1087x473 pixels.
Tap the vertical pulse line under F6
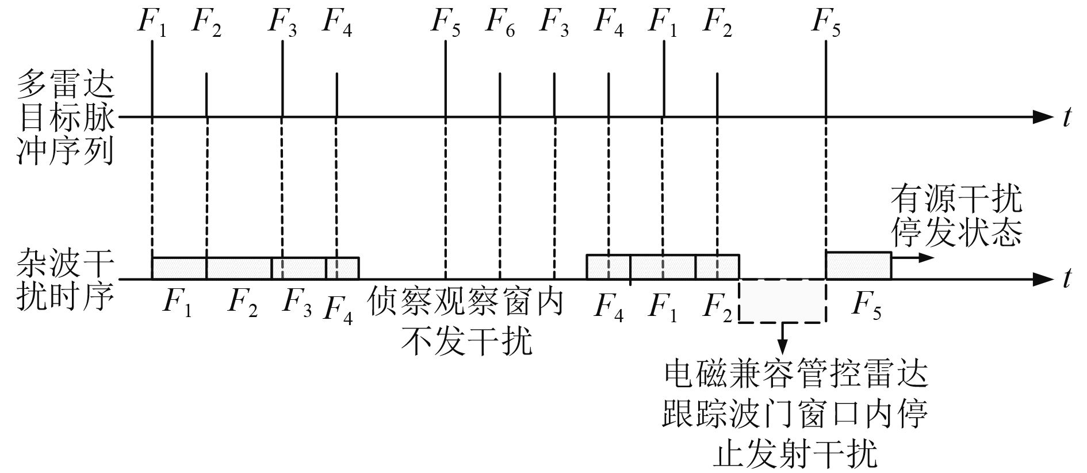point(500,95)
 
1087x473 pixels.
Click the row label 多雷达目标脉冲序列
point(65,117)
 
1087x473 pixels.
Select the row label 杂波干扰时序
point(65,280)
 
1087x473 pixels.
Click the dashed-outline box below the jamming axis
point(782,301)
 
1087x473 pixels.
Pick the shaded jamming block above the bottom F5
point(858,266)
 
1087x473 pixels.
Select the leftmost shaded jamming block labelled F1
point(179,268)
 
